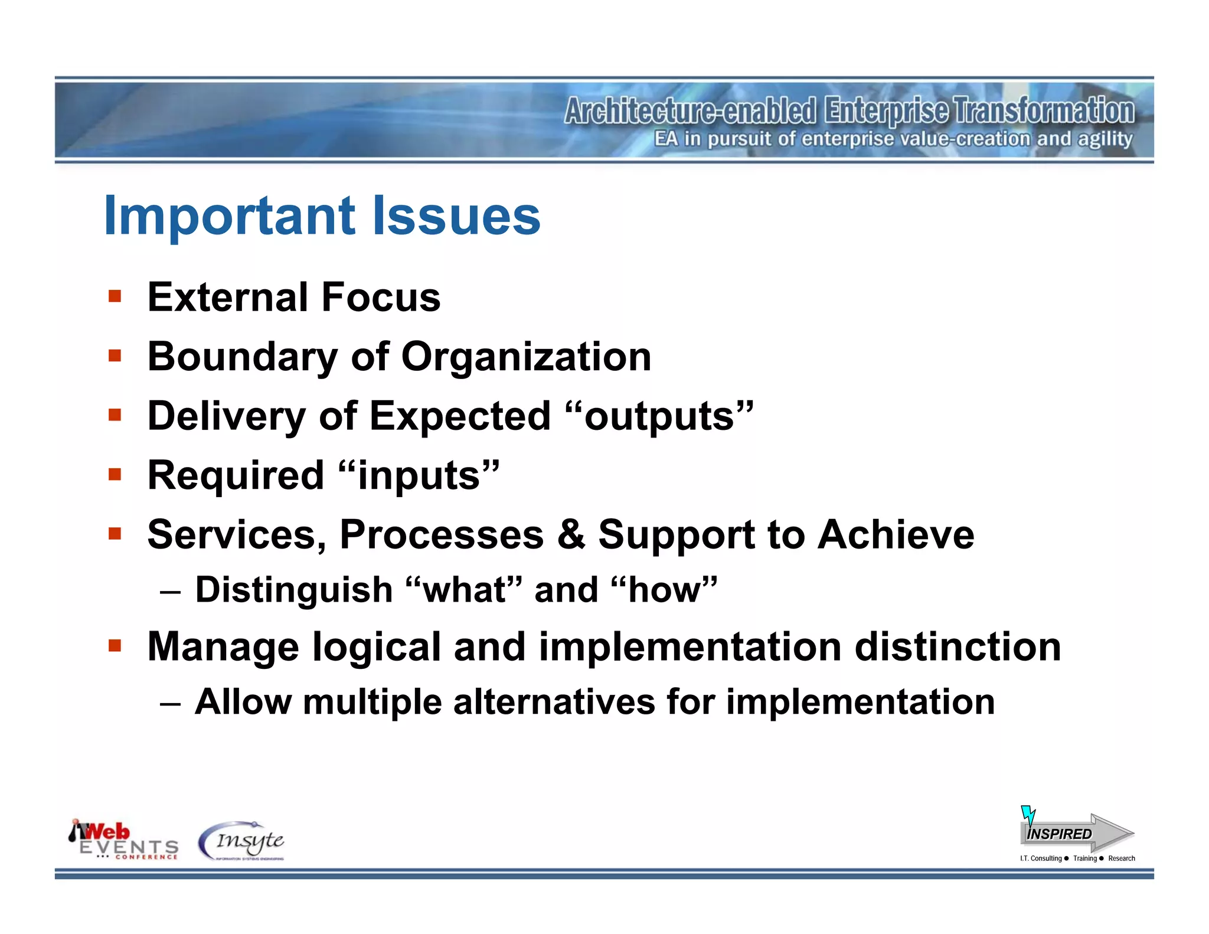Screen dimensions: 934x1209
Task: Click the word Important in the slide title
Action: click(x=229, y=216)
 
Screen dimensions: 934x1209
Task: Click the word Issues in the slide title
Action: click(x=456, y=216)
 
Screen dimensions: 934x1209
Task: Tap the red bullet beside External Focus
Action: click(x=115, y=296)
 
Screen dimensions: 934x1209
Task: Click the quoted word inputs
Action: click(x=420, y=476)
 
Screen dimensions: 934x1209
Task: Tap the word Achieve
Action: click(x=896, y=534)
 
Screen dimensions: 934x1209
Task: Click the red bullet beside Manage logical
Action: click(x=115, y=645)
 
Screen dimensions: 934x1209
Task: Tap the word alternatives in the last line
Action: click(x=554, y=702)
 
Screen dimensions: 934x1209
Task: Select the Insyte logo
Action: click(x=242, y=841)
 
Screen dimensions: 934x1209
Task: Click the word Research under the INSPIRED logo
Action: click(x=1121, y=858)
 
